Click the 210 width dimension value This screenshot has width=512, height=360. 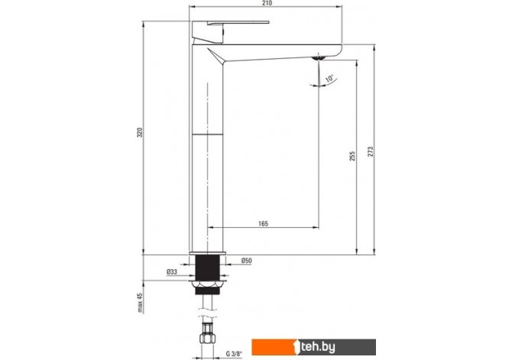coord(267,3)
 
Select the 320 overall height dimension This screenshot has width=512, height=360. coord(140,132)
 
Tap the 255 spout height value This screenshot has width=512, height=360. coord(352,156)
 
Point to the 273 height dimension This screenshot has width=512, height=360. coord(371,151)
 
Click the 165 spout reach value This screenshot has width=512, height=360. coord(263,223)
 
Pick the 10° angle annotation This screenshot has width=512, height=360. coord(330,79)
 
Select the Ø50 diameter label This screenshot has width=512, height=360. coord(247,261)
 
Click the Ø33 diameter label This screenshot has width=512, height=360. coord(172,272)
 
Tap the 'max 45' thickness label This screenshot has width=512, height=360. coord(140,303)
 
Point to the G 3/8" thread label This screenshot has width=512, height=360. coord(234,353)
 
